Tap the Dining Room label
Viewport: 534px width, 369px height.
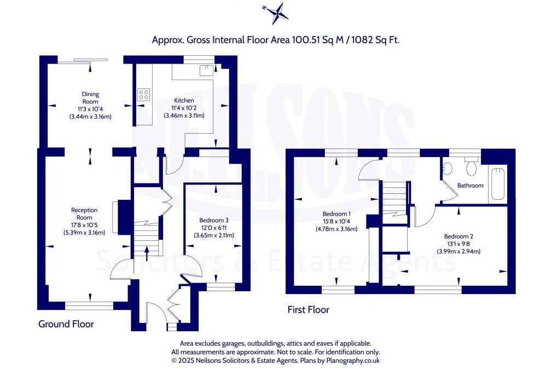tap(90, 98)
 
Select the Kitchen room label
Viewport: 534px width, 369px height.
tap(184, 101)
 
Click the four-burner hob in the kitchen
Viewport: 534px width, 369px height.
tap(144, 94)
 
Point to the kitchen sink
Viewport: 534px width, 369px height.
tap(206, 70)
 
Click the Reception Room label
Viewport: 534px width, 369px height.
tap(84, 214)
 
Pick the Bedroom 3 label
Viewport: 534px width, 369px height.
tap(213, 221)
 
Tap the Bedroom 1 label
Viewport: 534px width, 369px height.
tap(336, 214)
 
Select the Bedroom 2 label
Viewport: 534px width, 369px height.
tap(458, 237)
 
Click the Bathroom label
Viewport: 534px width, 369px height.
tap(471, 186)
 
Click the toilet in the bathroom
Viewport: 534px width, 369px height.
tap(471, 164)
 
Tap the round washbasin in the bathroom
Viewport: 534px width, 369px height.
tap(446, 168)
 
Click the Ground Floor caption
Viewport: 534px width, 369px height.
tap(66, 324)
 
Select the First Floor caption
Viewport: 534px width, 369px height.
tap(309, 310)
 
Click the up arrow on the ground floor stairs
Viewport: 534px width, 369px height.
tap(146, 251)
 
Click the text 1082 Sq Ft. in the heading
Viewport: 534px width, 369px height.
tap(378, 40)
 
